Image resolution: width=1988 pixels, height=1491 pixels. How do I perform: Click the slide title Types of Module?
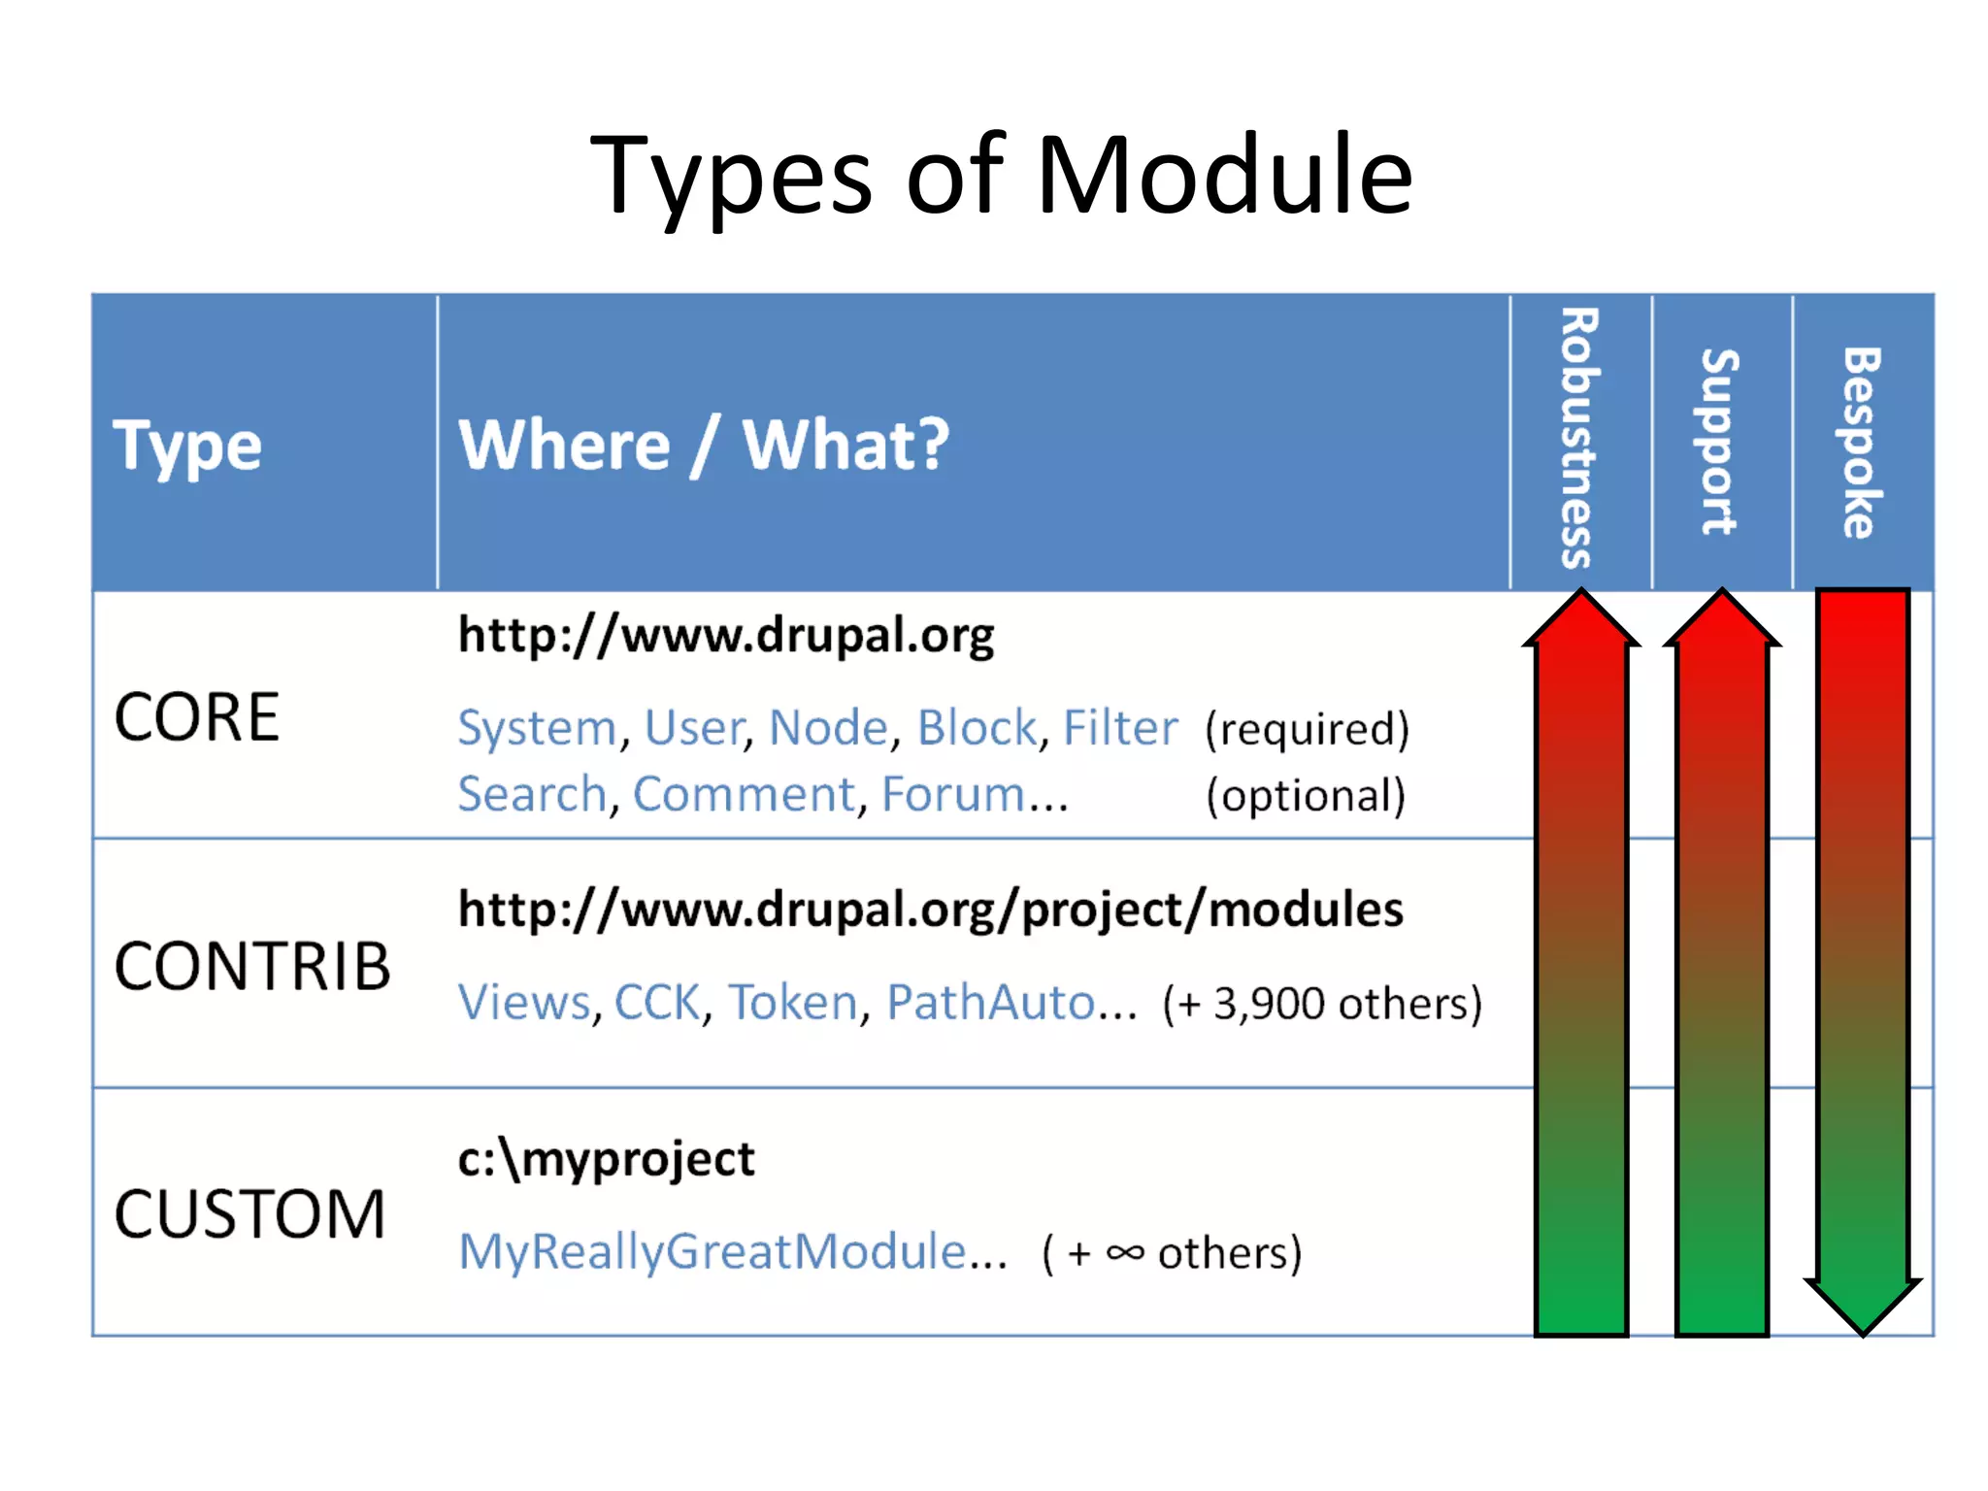pyautogui.click(x=1001, y=177)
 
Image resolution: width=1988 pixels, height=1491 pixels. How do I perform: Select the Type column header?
pyautogui.click(x=187, y=446)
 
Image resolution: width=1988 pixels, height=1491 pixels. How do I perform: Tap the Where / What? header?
pyautogui.click(x=704, y=445)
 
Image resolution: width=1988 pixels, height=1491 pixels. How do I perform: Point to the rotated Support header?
pyautogui.click(x=1719, y=442)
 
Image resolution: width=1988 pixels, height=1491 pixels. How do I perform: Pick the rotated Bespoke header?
pyautogui.click(x=1861, y=442)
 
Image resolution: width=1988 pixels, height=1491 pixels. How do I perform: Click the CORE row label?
pyautogui.click(x=197, y=717)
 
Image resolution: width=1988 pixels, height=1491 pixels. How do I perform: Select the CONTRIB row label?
pyautogui.click(x=252, y=967)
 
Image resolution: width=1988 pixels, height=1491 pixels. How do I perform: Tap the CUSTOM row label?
pyautogui.click(x=250, y=1214)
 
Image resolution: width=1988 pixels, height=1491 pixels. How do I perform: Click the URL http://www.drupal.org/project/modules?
pyautogui.click(x=930, y=911)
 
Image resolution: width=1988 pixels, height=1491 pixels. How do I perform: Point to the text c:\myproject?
pyautogui.click(x=606, y=1159)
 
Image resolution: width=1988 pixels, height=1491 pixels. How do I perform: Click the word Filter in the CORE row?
pyautogui.click(x=1119, y=728)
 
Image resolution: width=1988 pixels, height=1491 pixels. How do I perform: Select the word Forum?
pyautogui.click(x=952, y=794)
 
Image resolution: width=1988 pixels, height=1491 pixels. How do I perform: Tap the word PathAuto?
pyautogui.click(x=990, y=1002)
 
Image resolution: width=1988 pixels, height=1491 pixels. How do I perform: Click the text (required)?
pyautogui.click(x=1307, y=729)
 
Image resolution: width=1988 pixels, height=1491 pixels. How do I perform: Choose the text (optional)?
pyautogui.click(x=1306, y=795)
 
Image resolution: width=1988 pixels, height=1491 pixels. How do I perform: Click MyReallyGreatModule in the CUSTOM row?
pyautogui.click(x=712, y=1251)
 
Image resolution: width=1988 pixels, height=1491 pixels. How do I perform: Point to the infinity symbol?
pyautogui.click(x=1125, y=1252)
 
